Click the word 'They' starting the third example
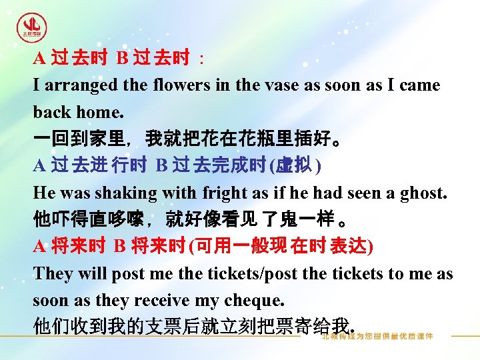[x=51, y=273]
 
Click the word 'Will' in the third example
[x=93, y=273]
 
